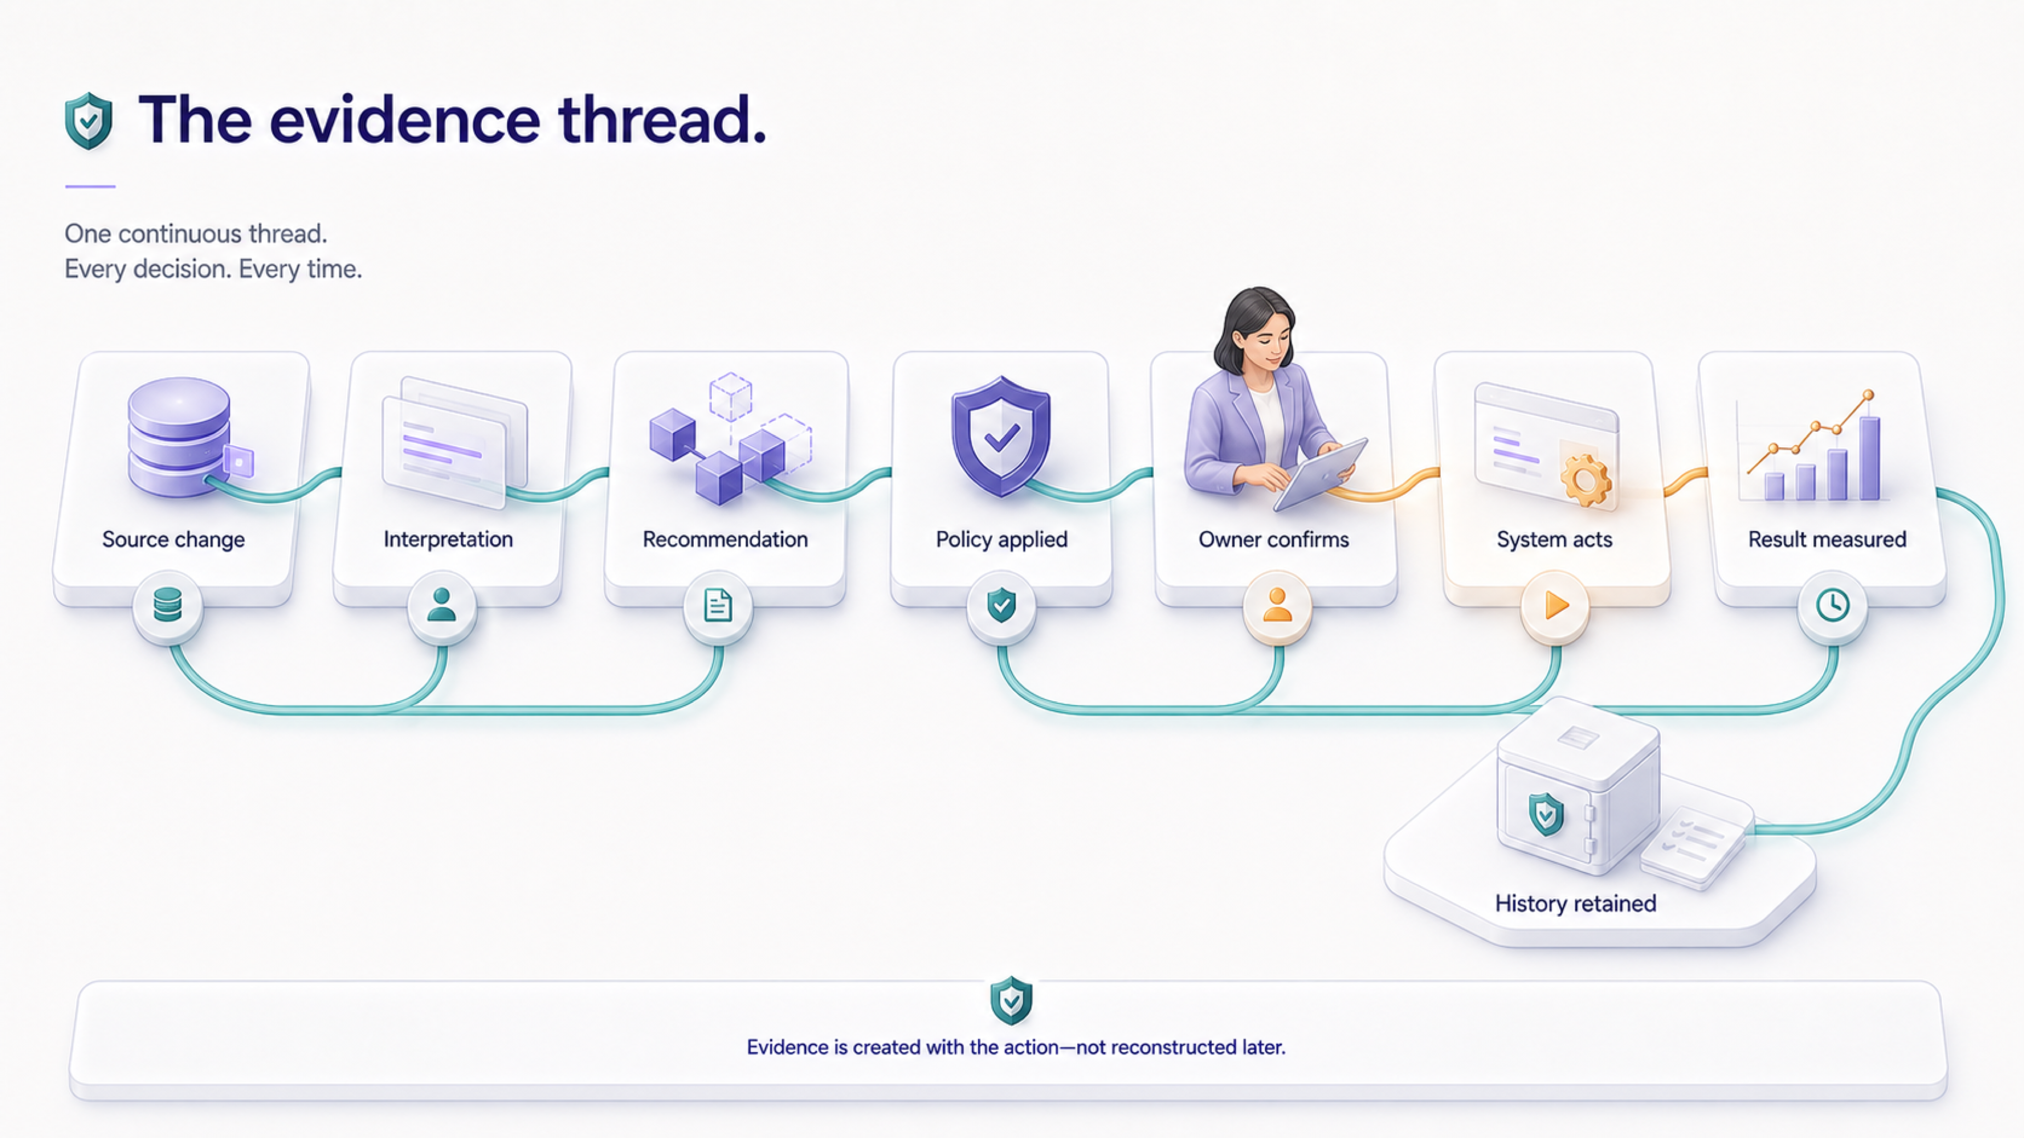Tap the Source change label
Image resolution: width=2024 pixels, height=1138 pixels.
coord(173,539)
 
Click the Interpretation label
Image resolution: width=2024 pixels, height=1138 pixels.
coord(448,539)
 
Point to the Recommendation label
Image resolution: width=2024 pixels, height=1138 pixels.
coord(725,539)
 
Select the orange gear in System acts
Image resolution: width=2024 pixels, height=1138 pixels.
coord(1585,479)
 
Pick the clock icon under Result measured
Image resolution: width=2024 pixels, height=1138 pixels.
coord(1832,605)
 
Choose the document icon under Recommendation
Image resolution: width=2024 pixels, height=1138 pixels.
coord(718,605)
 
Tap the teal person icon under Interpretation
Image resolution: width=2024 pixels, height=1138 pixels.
coord(442,605)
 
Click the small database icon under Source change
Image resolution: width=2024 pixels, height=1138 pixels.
coord(168,605)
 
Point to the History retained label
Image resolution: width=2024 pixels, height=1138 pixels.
coord(1575,903)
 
